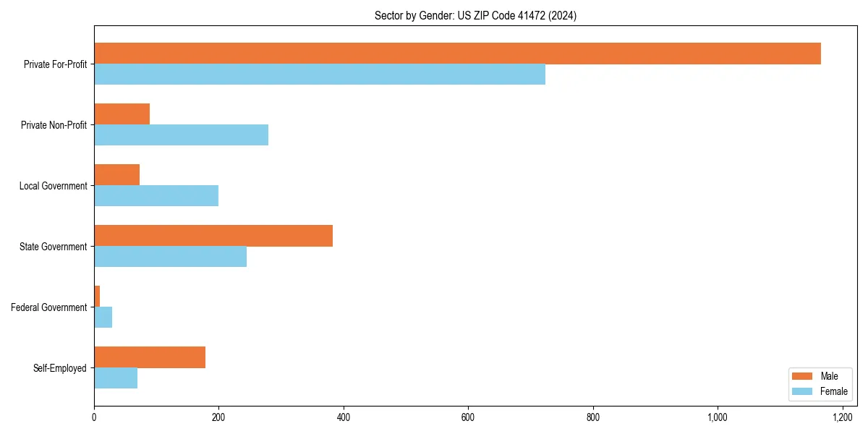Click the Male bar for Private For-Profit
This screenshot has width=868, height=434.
pyautogui.click(x=457, y=54)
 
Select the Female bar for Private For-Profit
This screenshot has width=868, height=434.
pyautogui.click(x=320, y=75)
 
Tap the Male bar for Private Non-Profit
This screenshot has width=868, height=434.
pyautogui.click(x=122, y=114)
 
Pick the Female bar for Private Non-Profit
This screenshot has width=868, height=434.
pyautogui.click(x=181, y=135)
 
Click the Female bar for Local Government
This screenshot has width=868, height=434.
pyautogui.click(x=156, y=196)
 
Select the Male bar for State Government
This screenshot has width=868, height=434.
pyautogui.click(x=213, y=236)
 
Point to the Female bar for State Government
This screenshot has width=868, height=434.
pyautogui.click(x=170, y=257)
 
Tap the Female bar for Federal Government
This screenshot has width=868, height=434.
pyautogui.click(x=103, y=318)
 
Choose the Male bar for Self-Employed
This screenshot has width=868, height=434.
pyautogui.click(x=150, y=357)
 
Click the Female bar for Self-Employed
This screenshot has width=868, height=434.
pyautogui.click(x=116, y=378)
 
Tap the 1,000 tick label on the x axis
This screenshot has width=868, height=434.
pyautogui.click(x=718, y=417)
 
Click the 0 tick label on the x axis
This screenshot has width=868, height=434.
pyautogui.click(x=94, y=417)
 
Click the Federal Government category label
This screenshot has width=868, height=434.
pyautogui.click(x=49, y=307)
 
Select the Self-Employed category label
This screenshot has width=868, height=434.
pyautogui.click(x=60, y=368)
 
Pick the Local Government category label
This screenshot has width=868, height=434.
pyautogui.click(x=54, y=186)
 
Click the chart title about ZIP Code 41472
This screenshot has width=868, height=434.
pyautogui.click(x=475, y=15)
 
